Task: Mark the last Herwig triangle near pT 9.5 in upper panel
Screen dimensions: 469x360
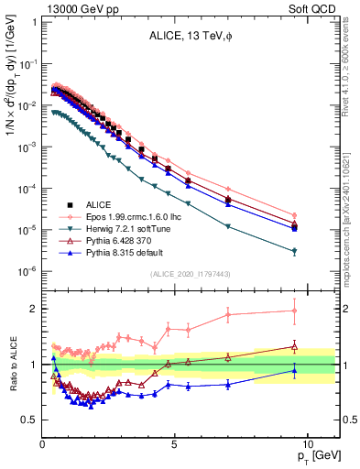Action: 294,251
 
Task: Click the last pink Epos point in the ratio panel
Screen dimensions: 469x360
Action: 294,311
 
